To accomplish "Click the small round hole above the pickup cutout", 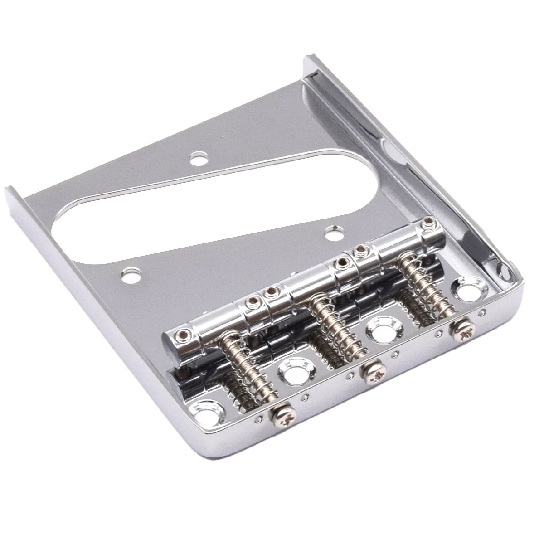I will click(x=198, y=159).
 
